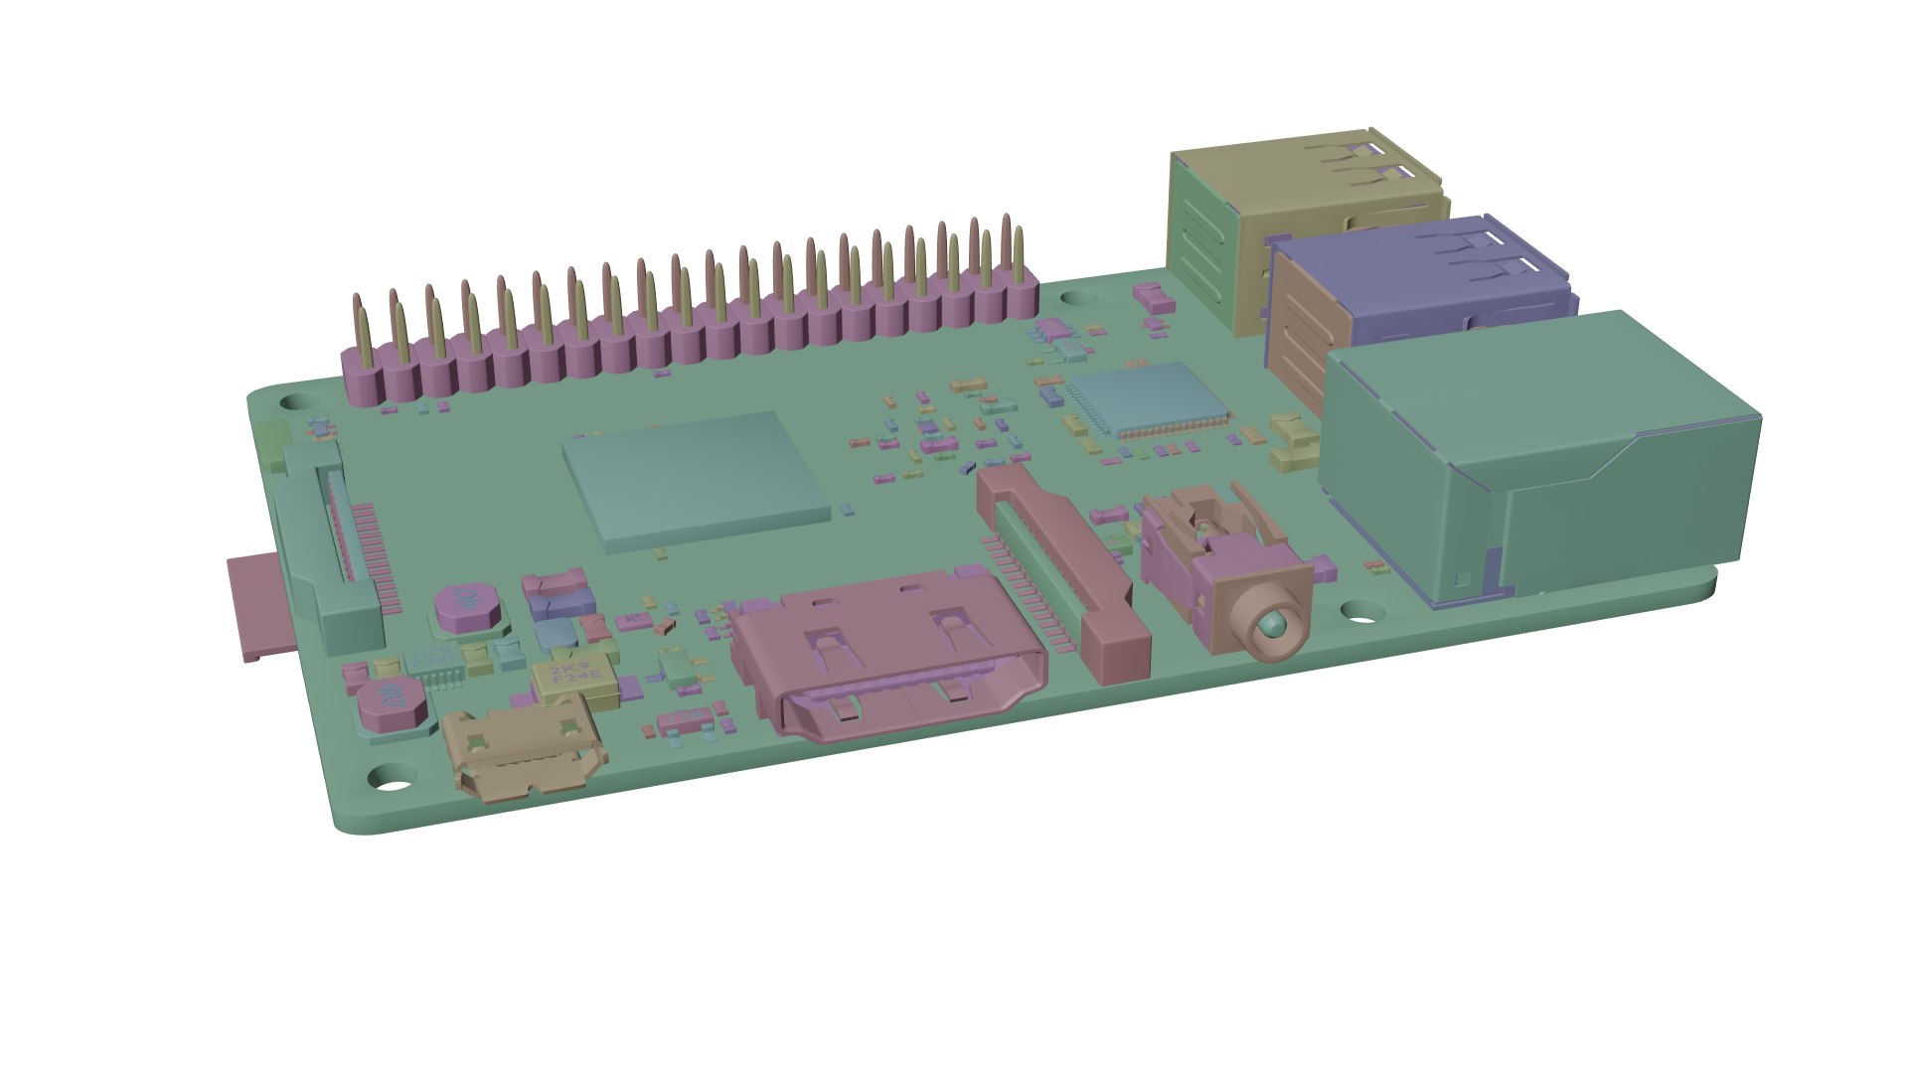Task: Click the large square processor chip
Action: [x=696, y=479]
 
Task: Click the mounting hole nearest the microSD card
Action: [x=295, y=402]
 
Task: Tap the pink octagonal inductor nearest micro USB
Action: [x=393, y=701]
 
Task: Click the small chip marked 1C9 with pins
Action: [x=437, y=663]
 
